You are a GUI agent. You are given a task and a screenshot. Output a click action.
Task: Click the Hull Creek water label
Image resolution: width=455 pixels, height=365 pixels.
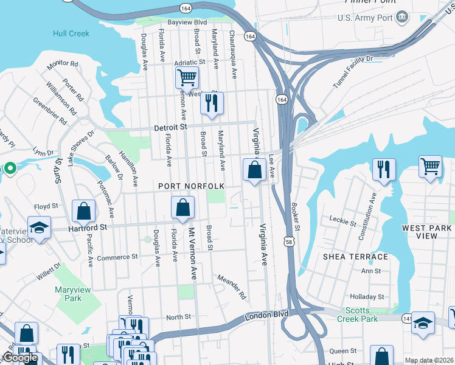pyautogui.click(x=71, y=33)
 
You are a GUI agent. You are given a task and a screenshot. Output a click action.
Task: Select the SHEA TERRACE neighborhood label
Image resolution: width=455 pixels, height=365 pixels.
pyautogui.click(x=356, y=257)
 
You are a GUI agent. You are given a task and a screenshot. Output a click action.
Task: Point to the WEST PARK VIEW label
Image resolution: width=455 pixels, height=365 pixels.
pyautogui.click(x=426, y=232)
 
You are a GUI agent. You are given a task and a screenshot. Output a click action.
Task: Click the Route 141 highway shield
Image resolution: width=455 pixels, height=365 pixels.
pyautogui.click(x=406, y=318)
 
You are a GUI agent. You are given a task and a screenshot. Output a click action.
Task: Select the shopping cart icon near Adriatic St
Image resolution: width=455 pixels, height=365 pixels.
pyautogui.click(x=187, y=78)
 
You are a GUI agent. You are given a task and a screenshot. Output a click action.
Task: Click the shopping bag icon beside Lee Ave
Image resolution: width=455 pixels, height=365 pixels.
pyautogui.click(x=254, y=170)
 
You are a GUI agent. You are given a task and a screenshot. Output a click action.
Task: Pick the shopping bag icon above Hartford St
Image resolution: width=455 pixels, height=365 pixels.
pyautogui.click(x=84, y=211)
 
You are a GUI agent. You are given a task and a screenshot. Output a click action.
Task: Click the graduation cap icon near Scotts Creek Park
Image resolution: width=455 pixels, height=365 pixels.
pyautogui.click(x=423, y=322)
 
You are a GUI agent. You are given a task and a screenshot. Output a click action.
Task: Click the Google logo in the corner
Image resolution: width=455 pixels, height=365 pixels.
pyautogui.click(x=21, y=358)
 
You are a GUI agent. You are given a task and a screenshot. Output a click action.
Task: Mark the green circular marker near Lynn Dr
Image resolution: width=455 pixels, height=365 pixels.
pyautogui.click(x=10, y=169)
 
